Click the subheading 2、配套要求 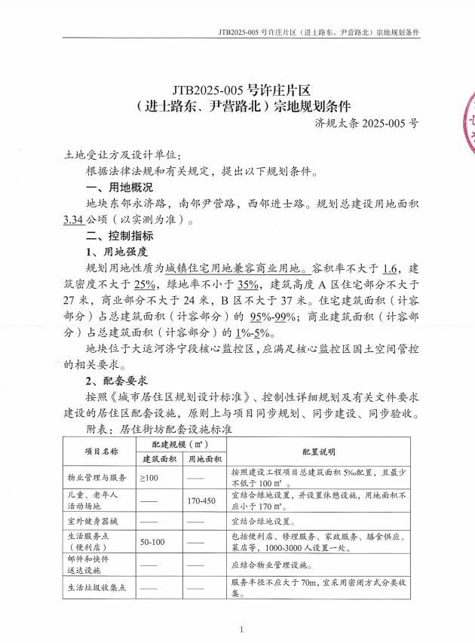point(116,381)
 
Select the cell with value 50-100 point(152,542)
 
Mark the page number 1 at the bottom point(241,629)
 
